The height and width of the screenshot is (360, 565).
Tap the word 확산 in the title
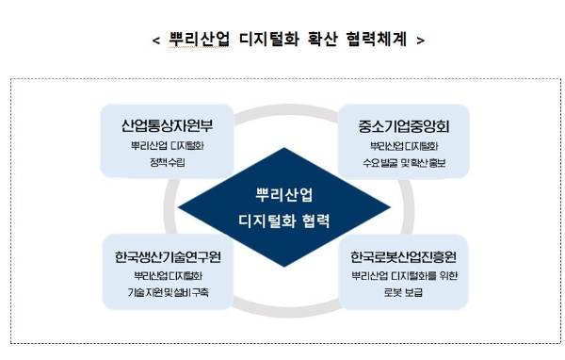(315, 41)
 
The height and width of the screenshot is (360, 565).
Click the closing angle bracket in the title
(419, 41)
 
